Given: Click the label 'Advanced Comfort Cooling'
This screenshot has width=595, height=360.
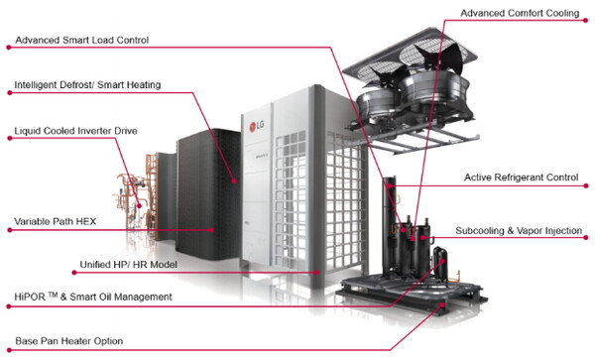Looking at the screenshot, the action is point(520,13).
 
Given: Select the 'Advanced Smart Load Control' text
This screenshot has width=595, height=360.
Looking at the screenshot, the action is point(82,41).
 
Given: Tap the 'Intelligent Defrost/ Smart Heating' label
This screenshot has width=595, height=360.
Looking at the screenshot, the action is point(87,85).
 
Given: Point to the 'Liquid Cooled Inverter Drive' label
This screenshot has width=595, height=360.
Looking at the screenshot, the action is point(75,131).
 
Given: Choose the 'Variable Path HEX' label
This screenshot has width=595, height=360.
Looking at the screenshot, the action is point(55,221).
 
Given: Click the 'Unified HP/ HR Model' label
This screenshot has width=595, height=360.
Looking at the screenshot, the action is point(128,265).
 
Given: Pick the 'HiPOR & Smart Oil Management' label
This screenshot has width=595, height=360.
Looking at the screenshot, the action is point(93,297).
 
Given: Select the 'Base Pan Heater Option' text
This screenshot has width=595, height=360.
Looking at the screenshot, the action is point(69,341).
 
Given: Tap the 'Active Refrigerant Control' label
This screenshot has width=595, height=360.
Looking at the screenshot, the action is point(521,178).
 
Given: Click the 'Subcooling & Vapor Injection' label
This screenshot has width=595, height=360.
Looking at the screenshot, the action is point(519,231).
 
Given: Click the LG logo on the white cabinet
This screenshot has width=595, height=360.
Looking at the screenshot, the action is point(257,126).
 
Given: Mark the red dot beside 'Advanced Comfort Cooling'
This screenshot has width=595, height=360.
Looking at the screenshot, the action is point(586,20).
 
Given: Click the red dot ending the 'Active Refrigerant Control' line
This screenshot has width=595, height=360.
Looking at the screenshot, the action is point(586,185).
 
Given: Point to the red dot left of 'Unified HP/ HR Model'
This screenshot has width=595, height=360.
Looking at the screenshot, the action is point(74,273).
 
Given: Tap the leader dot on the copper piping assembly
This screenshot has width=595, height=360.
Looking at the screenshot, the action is point(139,206).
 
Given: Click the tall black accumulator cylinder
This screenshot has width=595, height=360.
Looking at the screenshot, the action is point(390,224).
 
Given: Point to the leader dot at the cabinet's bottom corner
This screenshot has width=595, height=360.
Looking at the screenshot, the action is point(316,273).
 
